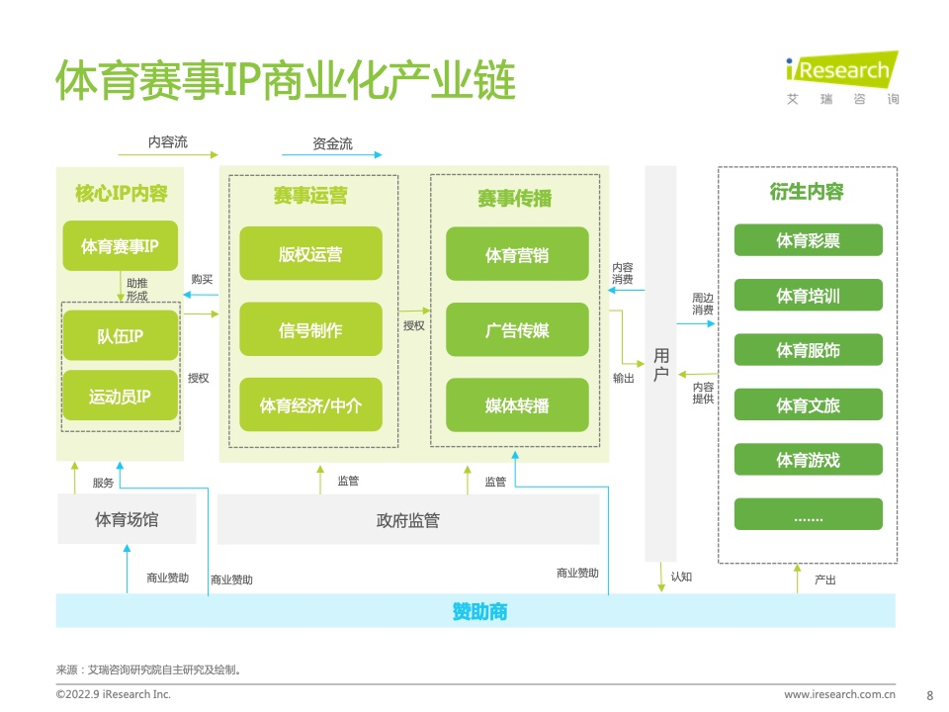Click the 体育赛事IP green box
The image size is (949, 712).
121,246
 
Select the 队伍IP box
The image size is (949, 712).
121,335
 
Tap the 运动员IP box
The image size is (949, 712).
121,396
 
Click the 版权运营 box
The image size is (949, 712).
310,254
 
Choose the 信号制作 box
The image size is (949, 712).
310,329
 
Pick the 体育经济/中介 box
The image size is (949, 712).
310,405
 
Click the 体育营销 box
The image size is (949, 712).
517,254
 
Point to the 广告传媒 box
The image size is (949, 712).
517,330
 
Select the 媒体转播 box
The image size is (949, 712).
517,405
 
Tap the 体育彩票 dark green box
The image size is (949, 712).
808,240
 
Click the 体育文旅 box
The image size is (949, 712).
808,405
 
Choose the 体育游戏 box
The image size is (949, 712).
808,460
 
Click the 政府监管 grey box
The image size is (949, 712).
408,519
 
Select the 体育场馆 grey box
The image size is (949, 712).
127,519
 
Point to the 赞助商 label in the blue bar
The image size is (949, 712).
480,611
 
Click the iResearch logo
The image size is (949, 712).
842,77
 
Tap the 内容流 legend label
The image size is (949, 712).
168,142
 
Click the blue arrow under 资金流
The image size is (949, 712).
332,155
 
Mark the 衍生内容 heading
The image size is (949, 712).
807,191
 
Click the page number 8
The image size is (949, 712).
929,695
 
